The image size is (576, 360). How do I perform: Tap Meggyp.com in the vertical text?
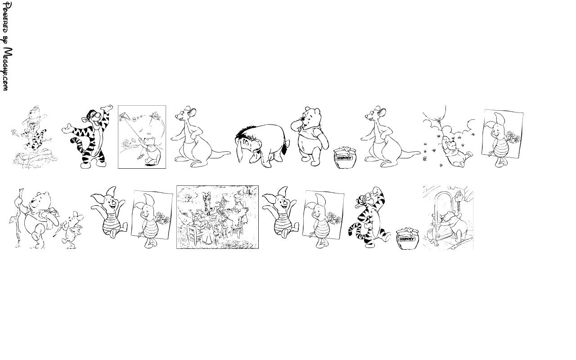point(7,69)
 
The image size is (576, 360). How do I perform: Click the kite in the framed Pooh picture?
point(125,117)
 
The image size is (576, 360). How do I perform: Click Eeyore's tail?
point(285,147)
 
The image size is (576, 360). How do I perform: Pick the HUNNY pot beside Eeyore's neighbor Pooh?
point(345,157)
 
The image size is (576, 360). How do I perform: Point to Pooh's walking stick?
point(18,219)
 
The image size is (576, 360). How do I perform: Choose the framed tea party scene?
point(217,217)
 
